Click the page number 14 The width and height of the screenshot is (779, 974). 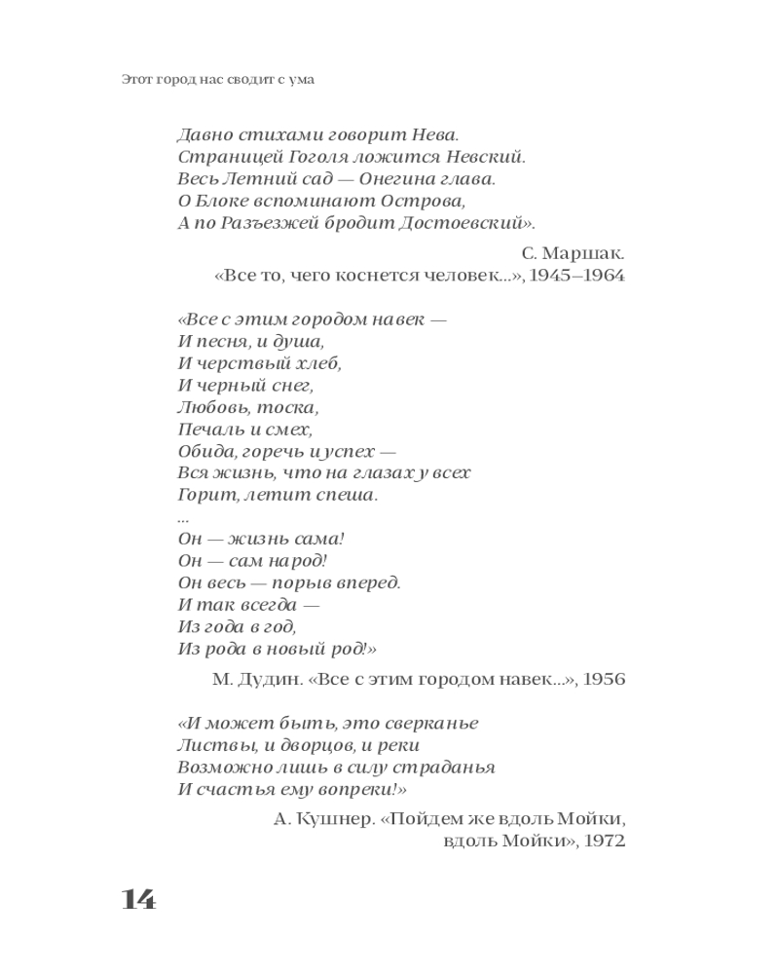pos(138,899)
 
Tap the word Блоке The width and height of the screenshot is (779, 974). pos(225,202)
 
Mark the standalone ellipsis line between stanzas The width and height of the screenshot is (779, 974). pos(183,518)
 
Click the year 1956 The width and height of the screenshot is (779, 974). pos(605,679)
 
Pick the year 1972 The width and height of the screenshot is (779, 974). pos(604,842)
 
